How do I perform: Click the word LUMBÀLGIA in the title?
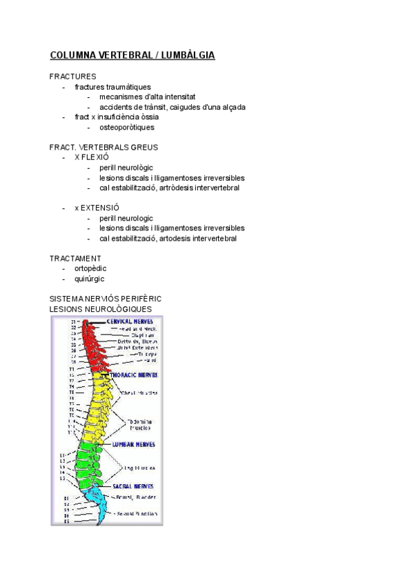pos(187,55)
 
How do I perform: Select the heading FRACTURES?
pos(72,77)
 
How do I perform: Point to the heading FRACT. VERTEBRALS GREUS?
pos(103,147)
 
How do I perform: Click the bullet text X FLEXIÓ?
pos(91,157)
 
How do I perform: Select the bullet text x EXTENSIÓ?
pos(97,208)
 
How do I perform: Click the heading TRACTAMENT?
pos(75,258)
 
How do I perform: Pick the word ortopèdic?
pos(90,268)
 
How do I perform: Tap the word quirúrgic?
pos(90,279)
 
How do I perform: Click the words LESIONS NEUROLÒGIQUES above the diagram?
pos(101,308)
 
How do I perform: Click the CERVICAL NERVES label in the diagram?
pos(130,321)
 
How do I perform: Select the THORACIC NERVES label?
pos(138,375)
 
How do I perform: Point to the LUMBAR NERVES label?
pos(133,444)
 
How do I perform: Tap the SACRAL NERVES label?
pos(133,486)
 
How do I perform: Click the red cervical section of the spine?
pos(90,345)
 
